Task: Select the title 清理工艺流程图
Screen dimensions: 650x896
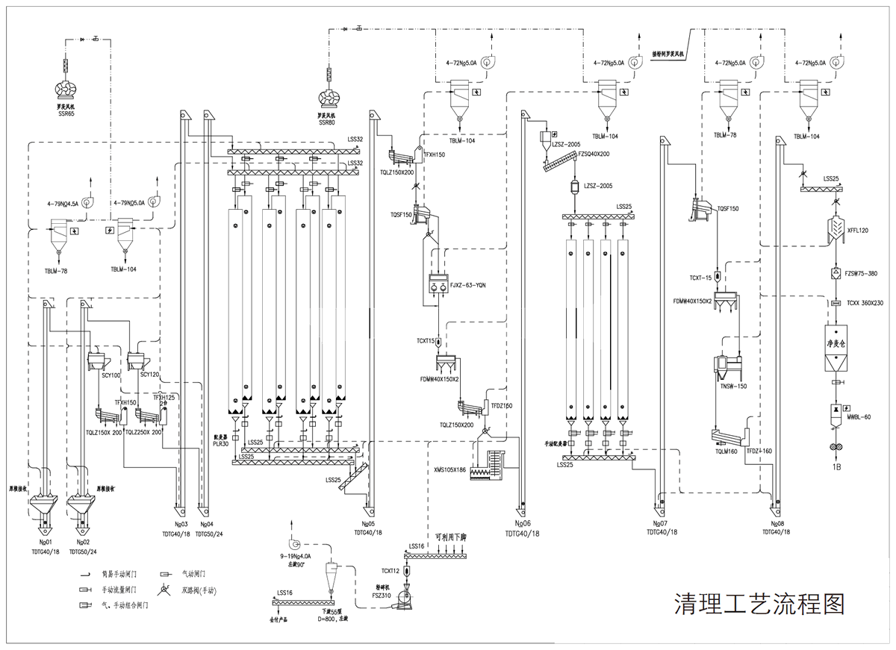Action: (759, 603)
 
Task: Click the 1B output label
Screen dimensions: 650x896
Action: (837, 466)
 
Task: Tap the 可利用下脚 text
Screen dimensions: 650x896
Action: (450, 538)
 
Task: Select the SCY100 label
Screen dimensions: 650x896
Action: (111, 375)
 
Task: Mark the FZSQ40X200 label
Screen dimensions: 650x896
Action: (594, 154)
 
